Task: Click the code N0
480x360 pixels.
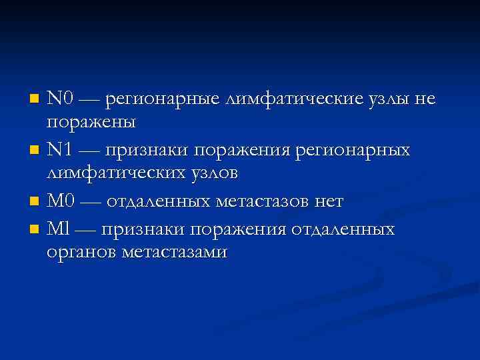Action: coord(60,99)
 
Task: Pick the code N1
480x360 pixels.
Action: coord(60,150)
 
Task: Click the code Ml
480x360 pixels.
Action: coord(58,229)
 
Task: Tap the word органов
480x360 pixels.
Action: coord(81,253)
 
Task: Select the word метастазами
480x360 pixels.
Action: coord(175,252)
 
